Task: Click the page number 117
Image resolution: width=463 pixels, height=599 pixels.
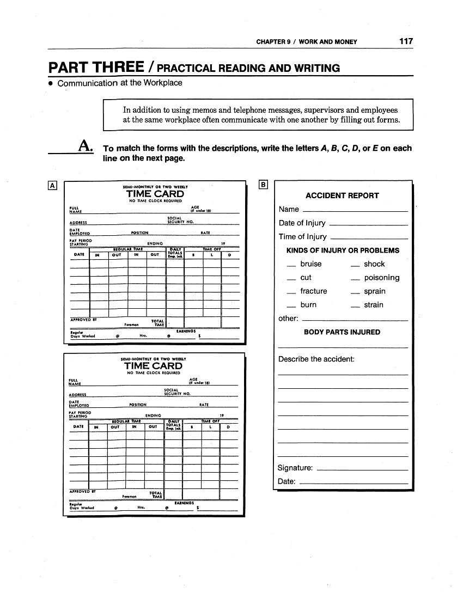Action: point(406,41)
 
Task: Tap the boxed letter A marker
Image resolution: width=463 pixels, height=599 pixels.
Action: point(53,185)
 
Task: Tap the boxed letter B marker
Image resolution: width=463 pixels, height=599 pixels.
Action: point(264,185)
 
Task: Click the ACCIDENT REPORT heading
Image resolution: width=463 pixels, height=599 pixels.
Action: point(342,195)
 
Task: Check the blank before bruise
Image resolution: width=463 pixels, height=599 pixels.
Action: point(291,266)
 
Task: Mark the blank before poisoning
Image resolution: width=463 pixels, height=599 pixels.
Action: point(355,280)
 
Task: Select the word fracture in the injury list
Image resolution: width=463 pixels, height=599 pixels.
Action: point(314,291)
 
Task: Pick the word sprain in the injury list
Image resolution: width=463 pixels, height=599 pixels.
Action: point(375,291)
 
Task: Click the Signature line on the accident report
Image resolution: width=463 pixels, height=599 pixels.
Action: point(362,470)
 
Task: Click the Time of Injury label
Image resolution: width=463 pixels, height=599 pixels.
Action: point(303,237)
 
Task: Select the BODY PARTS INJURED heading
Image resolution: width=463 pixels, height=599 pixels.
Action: point(342,332)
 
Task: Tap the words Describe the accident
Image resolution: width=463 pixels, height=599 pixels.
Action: point(316,359)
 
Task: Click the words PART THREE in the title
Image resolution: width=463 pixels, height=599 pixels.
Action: point(96,68)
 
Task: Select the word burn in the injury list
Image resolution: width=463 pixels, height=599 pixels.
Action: point(308,305)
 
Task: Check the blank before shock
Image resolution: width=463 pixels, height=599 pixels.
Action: point(355,266)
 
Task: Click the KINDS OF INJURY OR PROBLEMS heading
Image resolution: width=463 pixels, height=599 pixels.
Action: point(343,250)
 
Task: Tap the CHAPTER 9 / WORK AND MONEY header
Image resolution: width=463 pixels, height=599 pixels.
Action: point(307,42)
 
